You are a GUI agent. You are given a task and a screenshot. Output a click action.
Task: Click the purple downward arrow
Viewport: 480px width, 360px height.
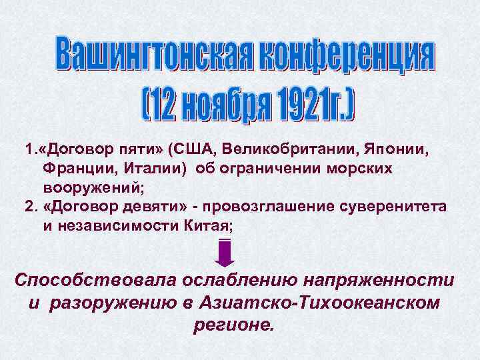click(225, 253)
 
